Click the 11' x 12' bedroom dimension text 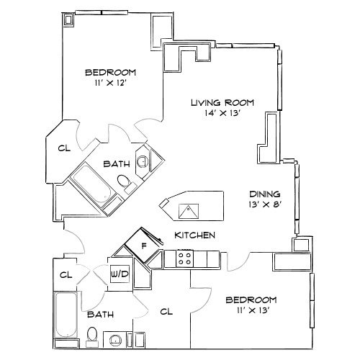[110, 84]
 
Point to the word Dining [264, 194]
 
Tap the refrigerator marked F [144, 246]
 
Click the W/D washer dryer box [120, 274]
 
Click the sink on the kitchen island [189, 210]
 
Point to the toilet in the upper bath [123, 181]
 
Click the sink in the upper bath [143, 160]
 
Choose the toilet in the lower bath [91, 334]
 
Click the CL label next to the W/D [66, 274]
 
